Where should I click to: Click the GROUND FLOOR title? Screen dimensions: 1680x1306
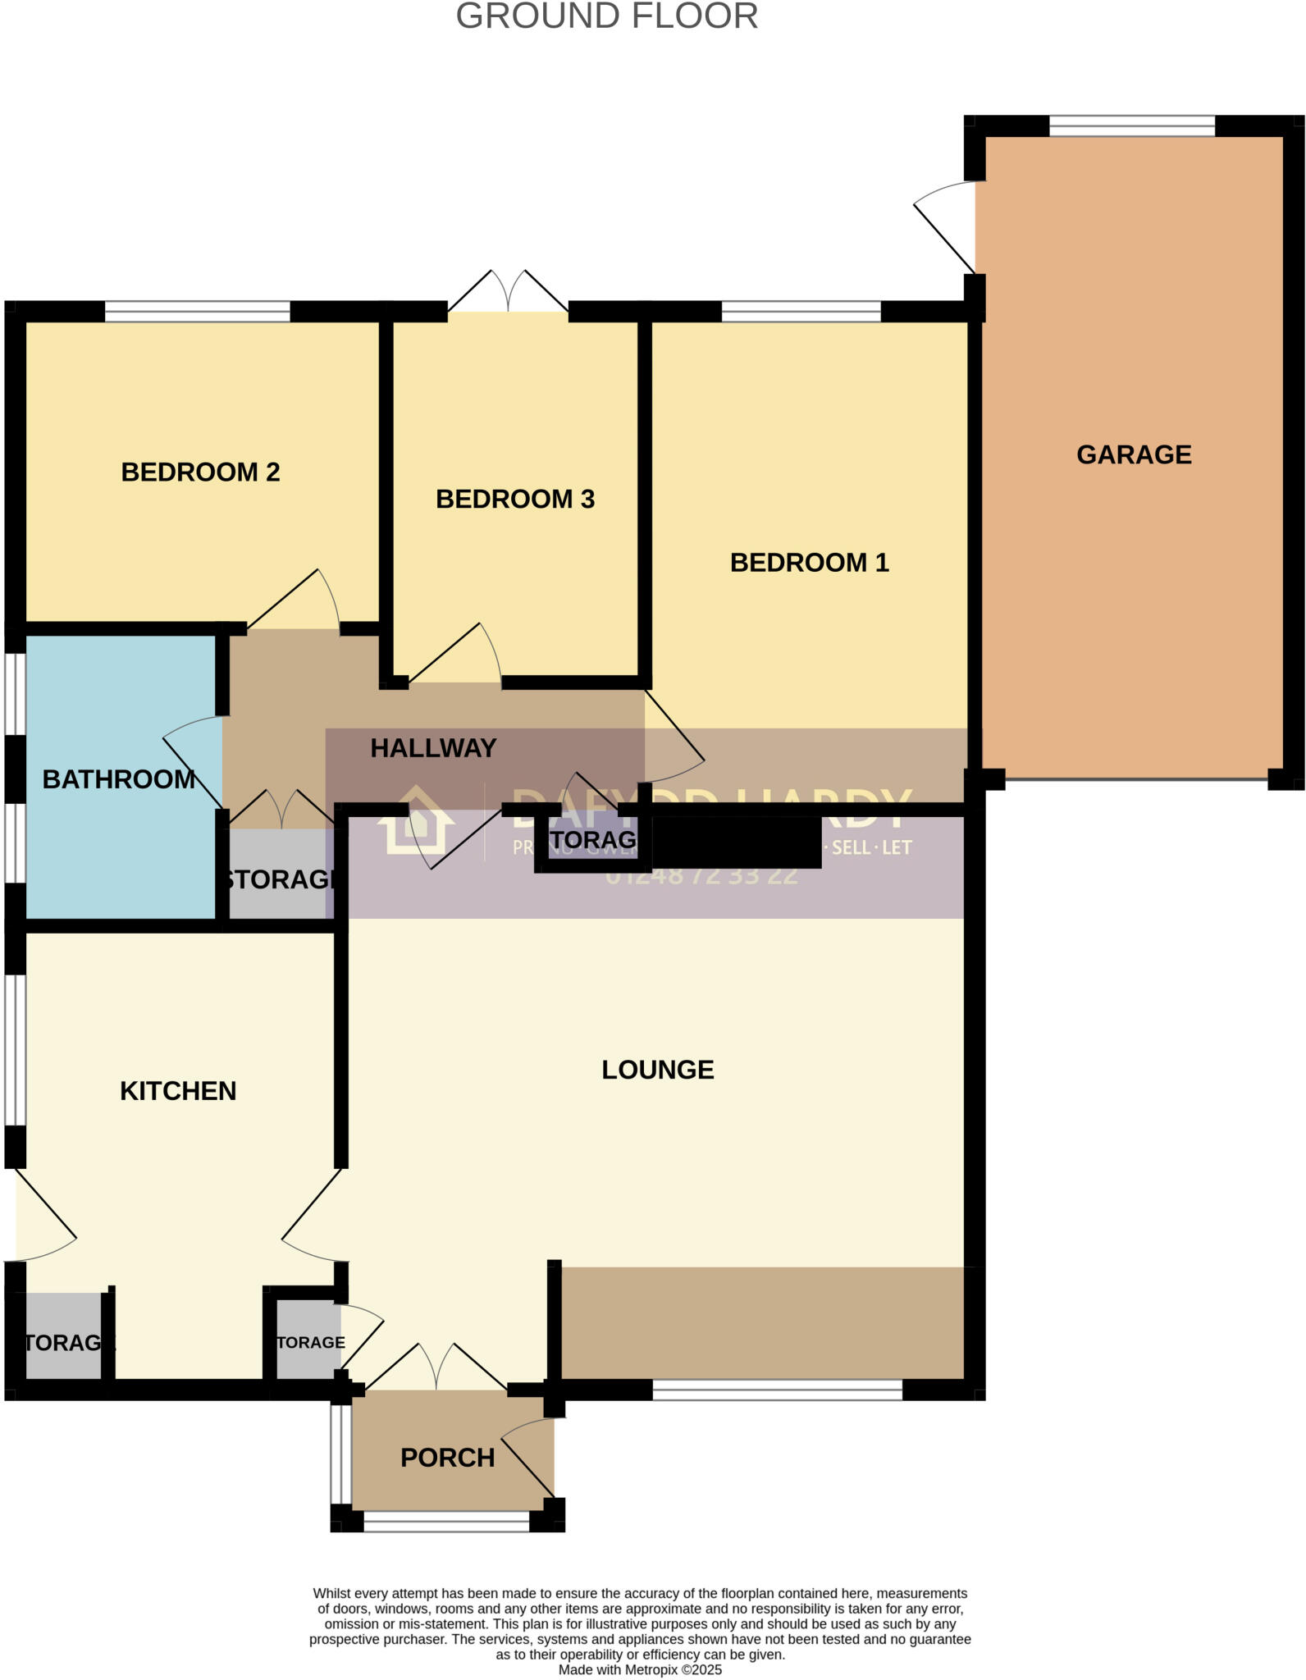(x=606, y=16)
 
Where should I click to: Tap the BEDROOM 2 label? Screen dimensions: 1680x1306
(x=200, y=472)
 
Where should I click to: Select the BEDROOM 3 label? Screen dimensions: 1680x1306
(x=514, y=499)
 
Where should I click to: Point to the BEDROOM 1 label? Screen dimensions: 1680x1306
(x=809, y=562)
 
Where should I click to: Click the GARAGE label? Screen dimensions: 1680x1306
(x=1133, y=454)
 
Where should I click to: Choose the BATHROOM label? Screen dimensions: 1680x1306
(x=118, y=778)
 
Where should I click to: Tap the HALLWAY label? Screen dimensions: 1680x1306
(x=433, y=748)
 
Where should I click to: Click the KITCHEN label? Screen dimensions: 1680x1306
(x=178, y=1090)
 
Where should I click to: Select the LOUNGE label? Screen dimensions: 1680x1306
(x=658, y=1069)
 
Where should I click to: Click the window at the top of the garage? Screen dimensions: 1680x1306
(x=1131, y=126)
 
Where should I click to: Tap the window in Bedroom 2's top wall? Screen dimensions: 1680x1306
(x=197, y=312)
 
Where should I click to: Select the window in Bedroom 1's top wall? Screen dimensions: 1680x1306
(x=801, y=312)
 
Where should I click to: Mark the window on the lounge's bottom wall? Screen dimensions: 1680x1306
(x=777, y=1390)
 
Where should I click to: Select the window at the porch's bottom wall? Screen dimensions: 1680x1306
(x=446, y=1522)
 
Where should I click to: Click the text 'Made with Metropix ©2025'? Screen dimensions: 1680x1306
(x=640, y=1669)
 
